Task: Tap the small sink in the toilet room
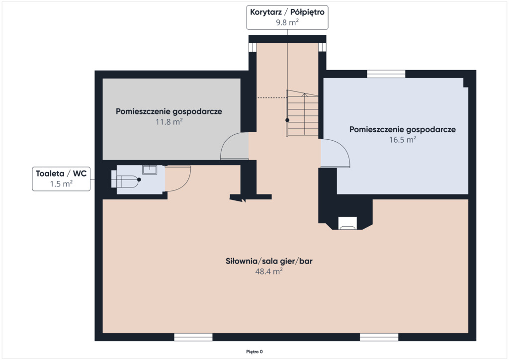click(150, 170)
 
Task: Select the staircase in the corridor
click(302, 113)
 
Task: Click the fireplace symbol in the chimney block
click(347, 223)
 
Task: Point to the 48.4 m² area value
click(269, 271)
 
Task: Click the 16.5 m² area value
click(403, 139)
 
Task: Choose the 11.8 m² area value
click(169, 121)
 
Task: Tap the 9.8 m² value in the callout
click(287, 22)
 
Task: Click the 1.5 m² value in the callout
click(61, 183)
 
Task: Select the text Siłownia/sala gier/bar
click(269, 261)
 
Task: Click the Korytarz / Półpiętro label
click(287, 12)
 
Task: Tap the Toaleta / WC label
click(61, 174)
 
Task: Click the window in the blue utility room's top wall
click(386, 74)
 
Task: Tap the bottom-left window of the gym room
click(193, 337)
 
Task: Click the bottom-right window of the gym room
click(379, 337)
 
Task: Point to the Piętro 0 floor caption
click(254, 352)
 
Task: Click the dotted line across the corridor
click(271, 97)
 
